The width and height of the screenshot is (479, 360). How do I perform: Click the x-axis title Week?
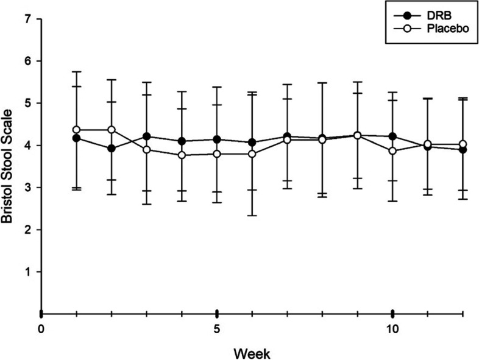pyautogui.click(x=251, y=352)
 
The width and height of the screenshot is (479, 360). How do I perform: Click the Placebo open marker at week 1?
pyautogui.click(x=76, y=130)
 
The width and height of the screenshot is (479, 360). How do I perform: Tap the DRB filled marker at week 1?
pyautogui.click(x=76, y=138)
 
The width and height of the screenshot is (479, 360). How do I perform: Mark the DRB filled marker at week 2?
pyautogui.click(x=112, y=148)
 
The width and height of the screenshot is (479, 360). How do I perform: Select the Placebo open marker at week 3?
pyautogui.click(x=147, y=150)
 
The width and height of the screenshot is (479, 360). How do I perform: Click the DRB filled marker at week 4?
pyautogui.click(x=182, y=141)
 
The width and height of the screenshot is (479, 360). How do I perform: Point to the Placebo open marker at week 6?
pyautogui.click(x=252, y=154)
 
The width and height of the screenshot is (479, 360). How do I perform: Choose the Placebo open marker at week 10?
pyautogui.click(x=393, y=151)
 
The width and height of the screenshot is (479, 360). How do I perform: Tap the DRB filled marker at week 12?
pyautogui.click(x=463, y=149)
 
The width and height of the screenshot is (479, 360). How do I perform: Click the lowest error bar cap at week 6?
pyautogui.click(x=252, y=216)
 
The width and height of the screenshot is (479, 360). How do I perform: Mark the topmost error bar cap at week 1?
pyautogui.click(x=76, y=72)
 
